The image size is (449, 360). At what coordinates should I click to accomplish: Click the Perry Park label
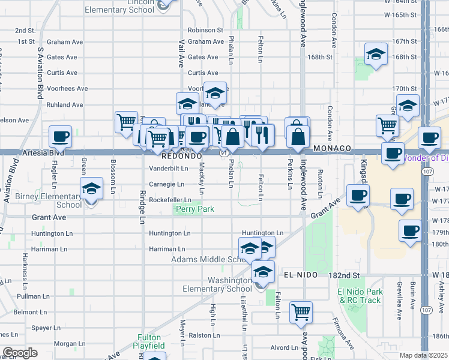pyautogui.click(x=194, y=209)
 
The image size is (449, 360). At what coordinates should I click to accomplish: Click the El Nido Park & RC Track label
pyautogui.click(x=359, y=296)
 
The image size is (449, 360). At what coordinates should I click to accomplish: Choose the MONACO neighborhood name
pyautogui.click(x=334, y=148)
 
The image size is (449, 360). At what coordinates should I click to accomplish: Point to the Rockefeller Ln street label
pyautogui.click(x=170, y=200)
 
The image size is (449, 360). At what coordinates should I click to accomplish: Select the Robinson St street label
pyautogui.click(x=205, y=29)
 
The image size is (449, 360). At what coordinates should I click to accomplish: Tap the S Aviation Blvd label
pyautogui.click(x=41, y=67)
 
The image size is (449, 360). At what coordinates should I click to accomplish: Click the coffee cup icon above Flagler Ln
pyautogui.click(x=60, y=137)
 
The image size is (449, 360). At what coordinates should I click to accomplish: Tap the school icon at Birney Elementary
pyautogui.click(x=91, y=189)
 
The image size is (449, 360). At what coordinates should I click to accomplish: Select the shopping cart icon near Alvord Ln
pyautogui.click(x=301, y=312)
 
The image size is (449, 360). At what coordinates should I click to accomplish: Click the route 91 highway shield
pyautogui.click(x=223, y=154)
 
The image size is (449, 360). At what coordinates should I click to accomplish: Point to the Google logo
pyautogui.click(x=19, y=353)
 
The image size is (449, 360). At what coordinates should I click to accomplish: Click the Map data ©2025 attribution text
pyautogui.click(x=424, y=355)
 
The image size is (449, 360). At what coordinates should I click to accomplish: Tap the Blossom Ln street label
pyautogui.click(x=112, y=172)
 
